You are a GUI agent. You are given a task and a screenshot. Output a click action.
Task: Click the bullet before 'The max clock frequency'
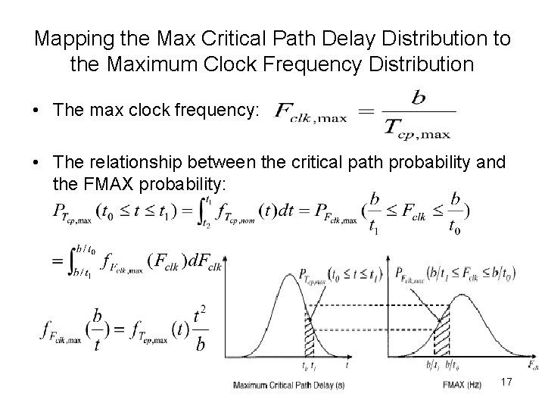click(37, 111)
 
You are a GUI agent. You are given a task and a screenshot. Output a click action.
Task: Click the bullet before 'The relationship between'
click(37, 167)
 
